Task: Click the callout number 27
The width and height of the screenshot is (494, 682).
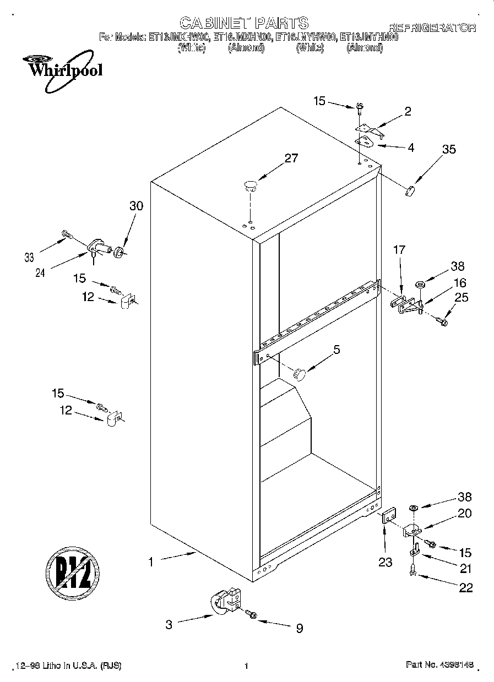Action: [x=291, y=159]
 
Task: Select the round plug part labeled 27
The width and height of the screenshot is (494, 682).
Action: [x=251, y=185]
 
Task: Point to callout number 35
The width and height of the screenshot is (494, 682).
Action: [x=449, y=148]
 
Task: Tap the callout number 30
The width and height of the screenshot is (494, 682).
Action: [x=136, y=206]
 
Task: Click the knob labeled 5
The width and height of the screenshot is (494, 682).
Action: [x=300, y=373]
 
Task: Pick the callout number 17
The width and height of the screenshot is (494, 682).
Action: [x=399, y=250]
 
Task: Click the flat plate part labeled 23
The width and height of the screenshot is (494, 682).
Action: [x=388, y=518]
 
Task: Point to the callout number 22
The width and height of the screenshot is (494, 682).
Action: [x=465, y=588]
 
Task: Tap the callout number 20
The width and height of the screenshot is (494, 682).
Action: [x=465, y=514]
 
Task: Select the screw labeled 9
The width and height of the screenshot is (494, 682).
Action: [x=252, y=613]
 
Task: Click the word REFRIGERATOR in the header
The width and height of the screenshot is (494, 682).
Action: [x=432, y=28]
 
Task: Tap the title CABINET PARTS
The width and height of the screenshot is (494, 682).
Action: [x=244, y=23]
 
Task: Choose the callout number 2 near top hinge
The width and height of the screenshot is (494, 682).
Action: [x=408, y=112]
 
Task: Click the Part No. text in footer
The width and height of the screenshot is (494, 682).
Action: [x=440, y=665]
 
